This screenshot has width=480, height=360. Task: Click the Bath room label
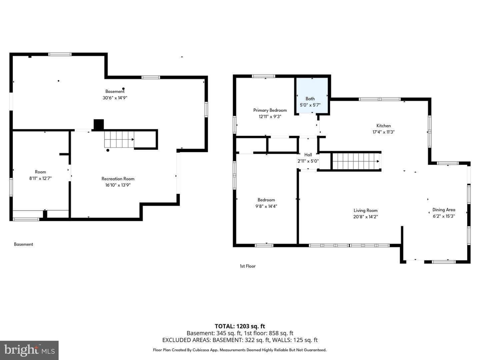tap(310, 99)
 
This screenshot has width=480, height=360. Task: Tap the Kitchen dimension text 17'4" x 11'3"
tap(383, 132)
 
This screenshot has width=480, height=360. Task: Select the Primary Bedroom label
tap(270, 110)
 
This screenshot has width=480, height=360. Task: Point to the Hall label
tap(308, 155)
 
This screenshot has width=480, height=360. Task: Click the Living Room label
tap(365, 210)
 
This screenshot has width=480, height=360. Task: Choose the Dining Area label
tap(444, 210)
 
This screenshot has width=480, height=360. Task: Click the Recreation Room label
tap(118, 179)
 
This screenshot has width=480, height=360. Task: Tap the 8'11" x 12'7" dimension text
tap(40, 178)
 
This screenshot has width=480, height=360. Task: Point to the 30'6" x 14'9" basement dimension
tap(115, 98)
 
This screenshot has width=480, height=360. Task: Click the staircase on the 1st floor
tap(356, 161)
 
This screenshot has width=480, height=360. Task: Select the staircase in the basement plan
tap(119, 139)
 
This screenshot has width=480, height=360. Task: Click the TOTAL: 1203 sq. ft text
tap(240, 326)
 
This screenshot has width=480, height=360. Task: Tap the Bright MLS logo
tap(29, 350)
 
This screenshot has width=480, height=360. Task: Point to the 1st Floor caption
tap(248, 266)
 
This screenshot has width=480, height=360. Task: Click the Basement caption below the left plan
tap(23, 244)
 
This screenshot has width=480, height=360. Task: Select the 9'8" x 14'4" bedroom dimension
tap(266, 206)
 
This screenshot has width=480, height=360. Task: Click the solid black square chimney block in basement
tap(99, 125)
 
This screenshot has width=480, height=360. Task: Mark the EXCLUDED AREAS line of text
tap(240, 340)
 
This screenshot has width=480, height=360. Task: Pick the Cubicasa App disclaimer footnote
tap(240, 350)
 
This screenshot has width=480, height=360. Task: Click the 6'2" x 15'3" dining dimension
tap(444, 216)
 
